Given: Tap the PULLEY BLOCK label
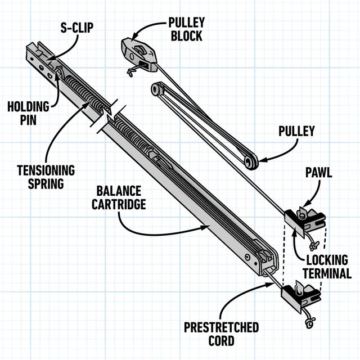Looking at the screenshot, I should (187, 29).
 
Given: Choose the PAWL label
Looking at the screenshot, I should (318, 172).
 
